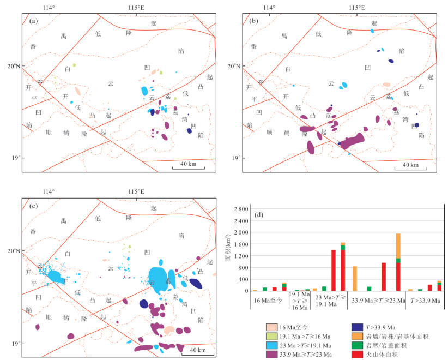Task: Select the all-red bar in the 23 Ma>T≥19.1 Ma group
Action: click(x=333, y=270)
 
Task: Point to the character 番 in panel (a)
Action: click(x=33, y=47)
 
